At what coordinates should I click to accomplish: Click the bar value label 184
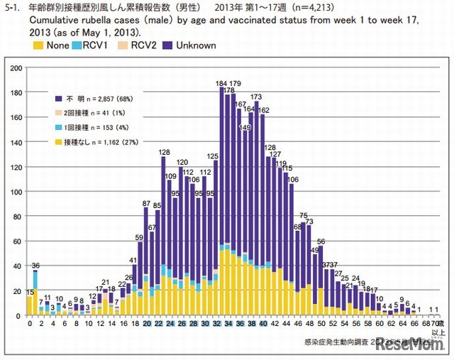[221, 84]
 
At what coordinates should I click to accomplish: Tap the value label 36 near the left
[35, 266]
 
